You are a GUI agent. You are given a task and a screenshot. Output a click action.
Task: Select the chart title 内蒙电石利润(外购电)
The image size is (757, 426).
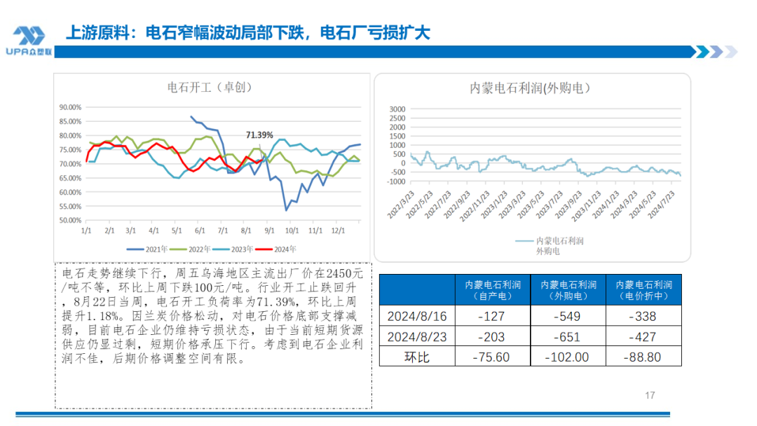[x=530, y=88]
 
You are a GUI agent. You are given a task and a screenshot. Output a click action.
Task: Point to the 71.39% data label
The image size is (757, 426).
[x=259, y=135]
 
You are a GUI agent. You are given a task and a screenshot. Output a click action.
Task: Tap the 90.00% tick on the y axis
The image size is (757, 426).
[x=70, y=107]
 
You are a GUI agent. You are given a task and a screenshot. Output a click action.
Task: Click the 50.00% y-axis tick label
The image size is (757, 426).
[x=70, y=220]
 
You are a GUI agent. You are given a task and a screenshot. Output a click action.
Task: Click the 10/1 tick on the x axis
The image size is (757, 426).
[x=291, y=230]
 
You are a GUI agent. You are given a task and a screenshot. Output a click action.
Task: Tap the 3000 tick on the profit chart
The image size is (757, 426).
[x=397, y=109]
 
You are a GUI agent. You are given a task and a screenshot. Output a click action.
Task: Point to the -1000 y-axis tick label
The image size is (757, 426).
[x=395, y=181]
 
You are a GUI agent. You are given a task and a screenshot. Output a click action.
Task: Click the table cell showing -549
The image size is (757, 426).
[x=568, y=316]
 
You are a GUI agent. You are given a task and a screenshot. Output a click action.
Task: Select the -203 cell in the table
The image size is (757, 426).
[x=492, y=336]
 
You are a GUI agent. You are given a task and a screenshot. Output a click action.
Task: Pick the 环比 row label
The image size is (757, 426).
[x=416, y=357]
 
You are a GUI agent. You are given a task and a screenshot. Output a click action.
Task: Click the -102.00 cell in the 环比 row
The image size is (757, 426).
[x=568, y=357]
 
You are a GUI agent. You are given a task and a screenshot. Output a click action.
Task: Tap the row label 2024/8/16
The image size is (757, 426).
[x=416, y=316]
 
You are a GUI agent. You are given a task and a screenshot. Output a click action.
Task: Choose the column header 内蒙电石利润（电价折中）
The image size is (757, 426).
[x=643, y=290]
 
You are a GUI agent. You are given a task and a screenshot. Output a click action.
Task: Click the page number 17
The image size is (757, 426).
[x=650, y=396]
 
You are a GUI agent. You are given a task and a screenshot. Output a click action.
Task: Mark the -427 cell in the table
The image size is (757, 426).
[x=643, y=336]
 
